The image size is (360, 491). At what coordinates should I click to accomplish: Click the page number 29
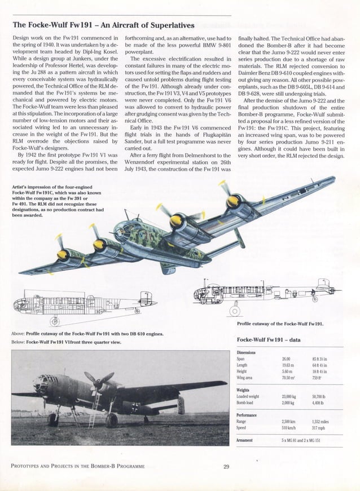pyautogui.click(x=226, y=466)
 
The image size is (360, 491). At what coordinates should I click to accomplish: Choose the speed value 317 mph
pyautogui.click(x=319, y=427)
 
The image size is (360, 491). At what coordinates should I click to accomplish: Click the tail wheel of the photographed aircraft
pyautogui.click(x=146, y=420)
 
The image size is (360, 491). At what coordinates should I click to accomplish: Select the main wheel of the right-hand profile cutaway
pyautogui.click(x=235, y=310)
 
